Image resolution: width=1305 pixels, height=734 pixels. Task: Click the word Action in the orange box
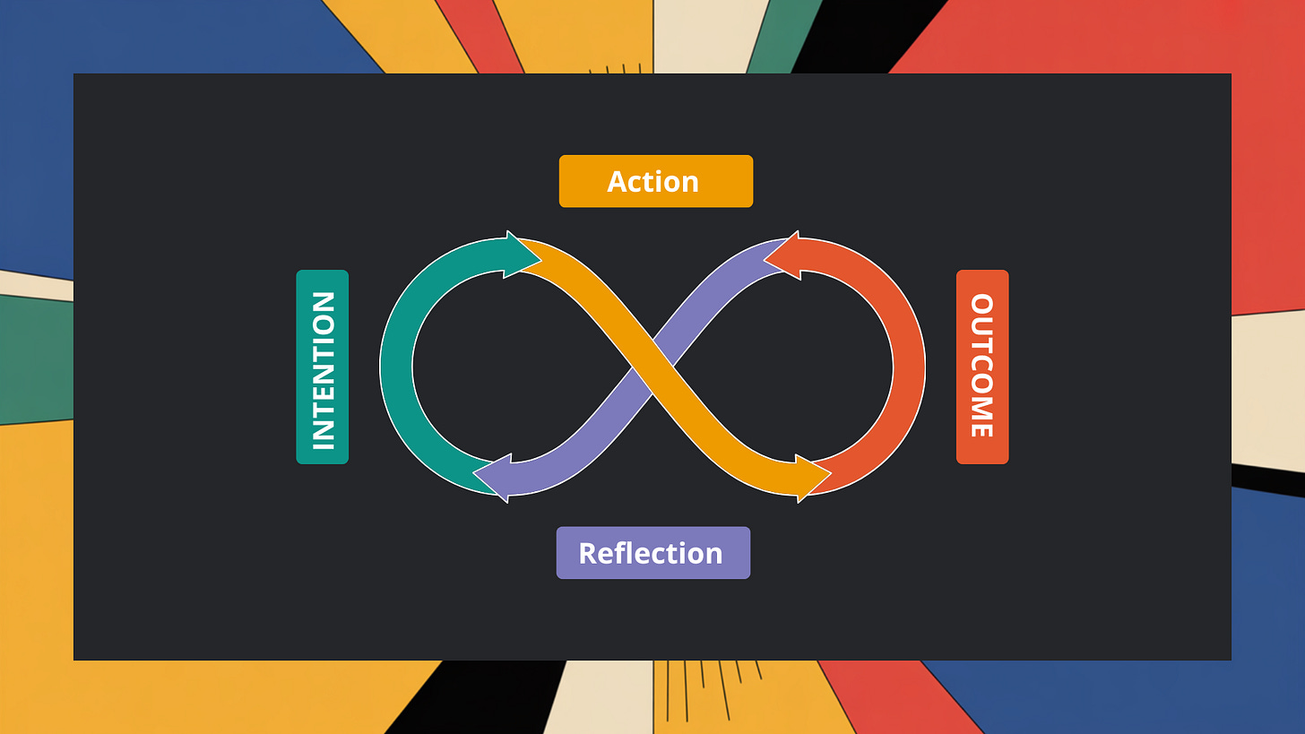tap(652, 181)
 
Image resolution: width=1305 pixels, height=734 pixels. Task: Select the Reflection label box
tap(652, 552)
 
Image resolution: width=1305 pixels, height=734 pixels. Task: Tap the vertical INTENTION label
tap(323, 367)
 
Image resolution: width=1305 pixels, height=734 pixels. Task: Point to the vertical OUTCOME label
tap(982, 367)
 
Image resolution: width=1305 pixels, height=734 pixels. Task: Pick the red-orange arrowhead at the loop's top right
tap(783, 255)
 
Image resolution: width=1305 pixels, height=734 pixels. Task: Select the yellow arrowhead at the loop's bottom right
tap(812, 478)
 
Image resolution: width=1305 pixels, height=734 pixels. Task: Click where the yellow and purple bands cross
tap(652, 366)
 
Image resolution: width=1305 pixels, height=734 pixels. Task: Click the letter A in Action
tap(618, 181)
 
